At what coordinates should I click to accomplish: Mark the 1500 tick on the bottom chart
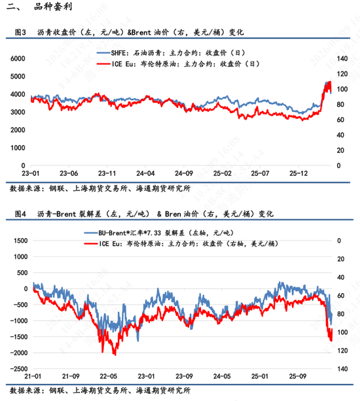click(18, 241)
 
